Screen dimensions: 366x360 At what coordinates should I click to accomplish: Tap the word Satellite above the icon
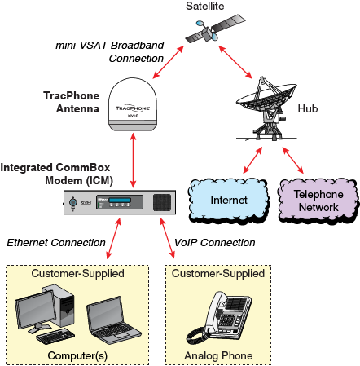[x=206, y=7]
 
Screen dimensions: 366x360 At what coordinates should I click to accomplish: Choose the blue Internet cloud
[x=228, y=198]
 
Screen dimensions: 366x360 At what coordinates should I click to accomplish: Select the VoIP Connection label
[x=215, y=243]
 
